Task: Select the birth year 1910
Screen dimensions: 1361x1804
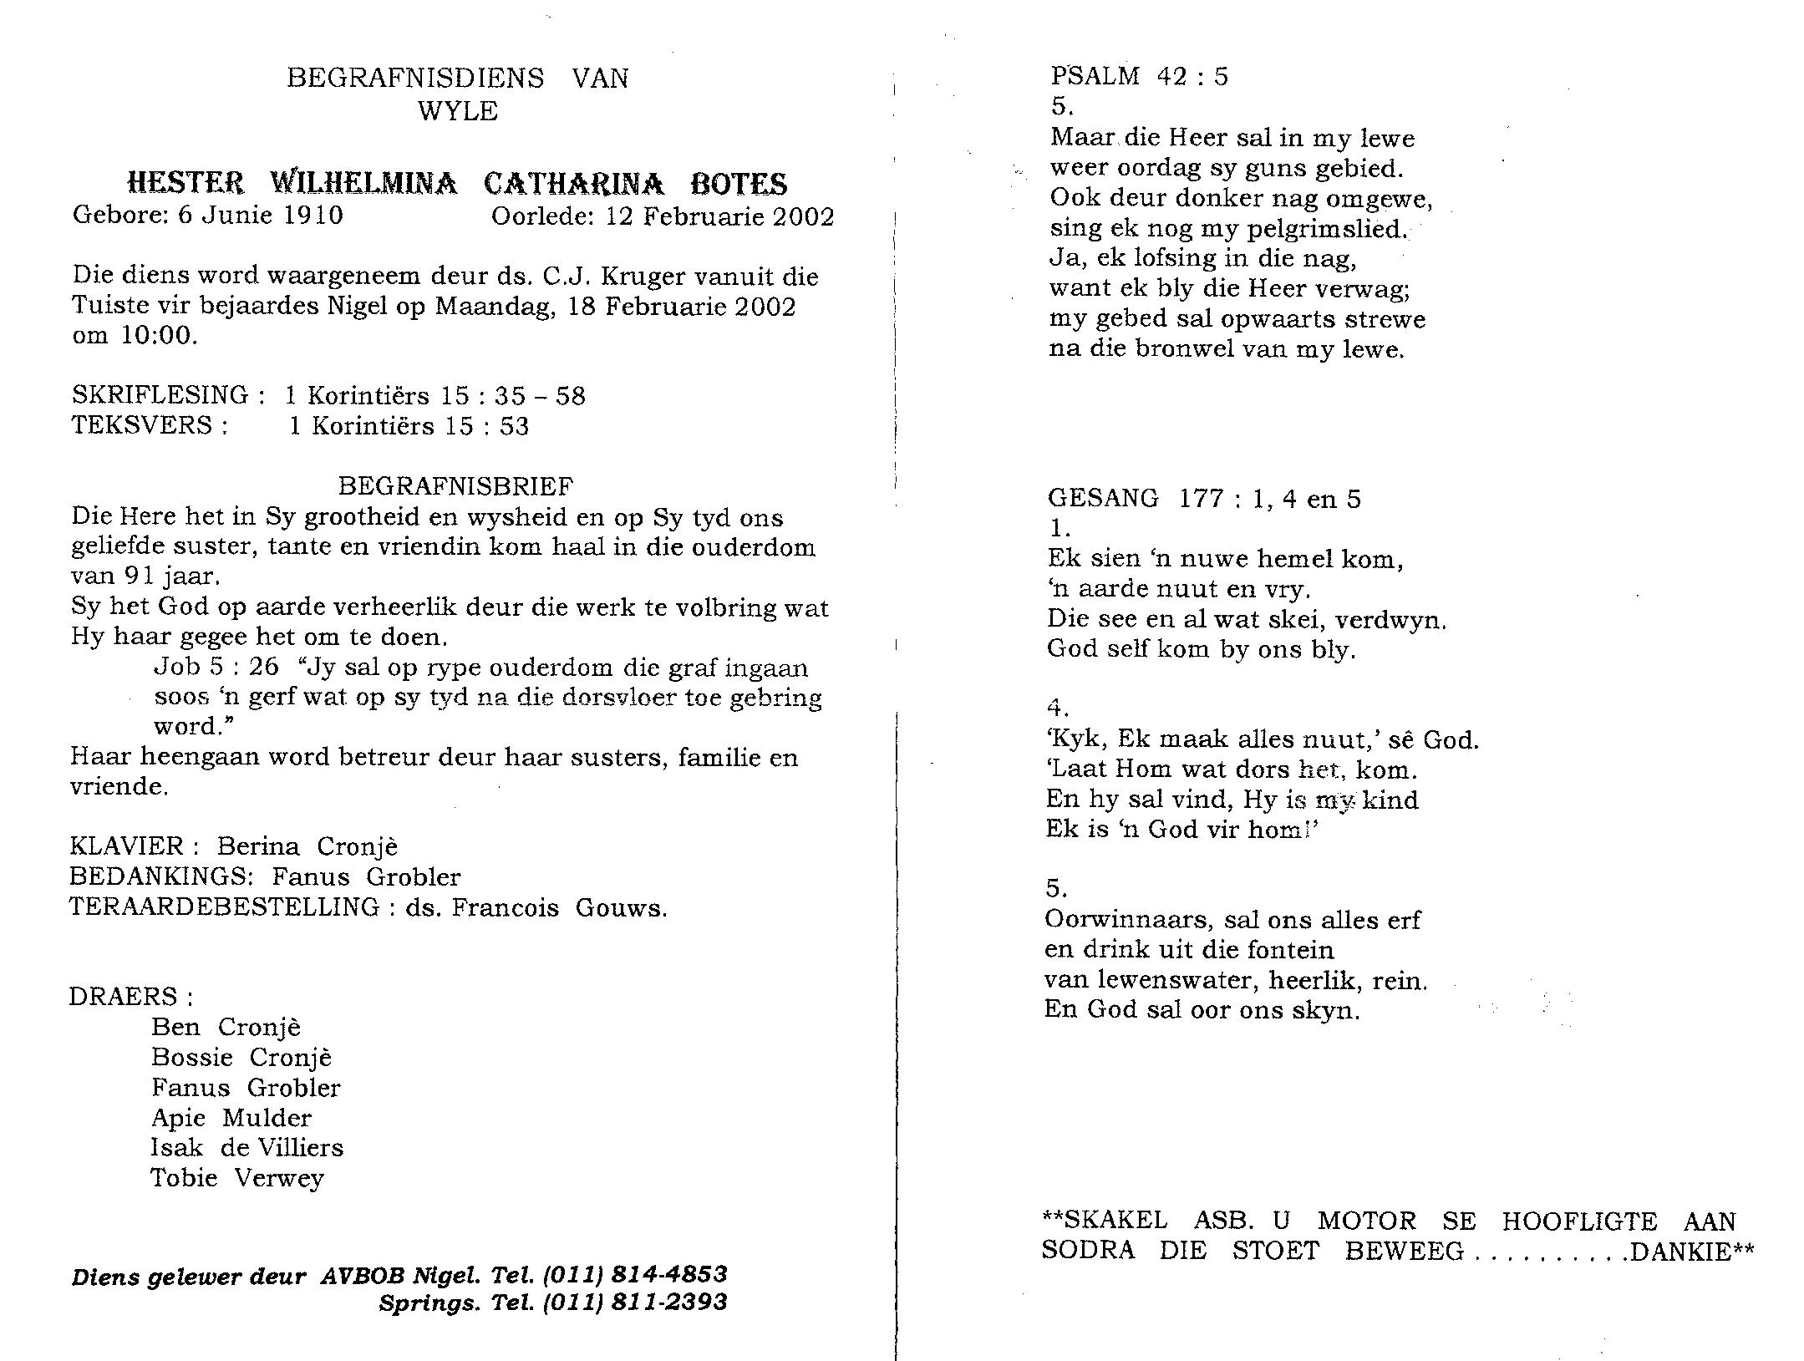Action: [x=313, y=216]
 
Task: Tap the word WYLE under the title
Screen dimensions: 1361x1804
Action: [x=458, y=111]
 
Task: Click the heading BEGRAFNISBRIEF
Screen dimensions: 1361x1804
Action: [x=455, y=486]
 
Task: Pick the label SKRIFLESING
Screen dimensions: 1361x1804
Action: [x=160, y=395]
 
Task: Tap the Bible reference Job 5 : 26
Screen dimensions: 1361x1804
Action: [x=216, y=667]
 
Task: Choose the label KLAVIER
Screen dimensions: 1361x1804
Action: [x=127, y=846]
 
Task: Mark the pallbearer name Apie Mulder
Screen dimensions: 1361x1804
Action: [x=231, y=1118]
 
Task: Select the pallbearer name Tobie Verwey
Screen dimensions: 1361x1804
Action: [x=236, y=1178]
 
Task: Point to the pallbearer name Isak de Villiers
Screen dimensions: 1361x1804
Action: [x=246, y=1148]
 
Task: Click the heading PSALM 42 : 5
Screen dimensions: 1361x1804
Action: [x=1139, y=77]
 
